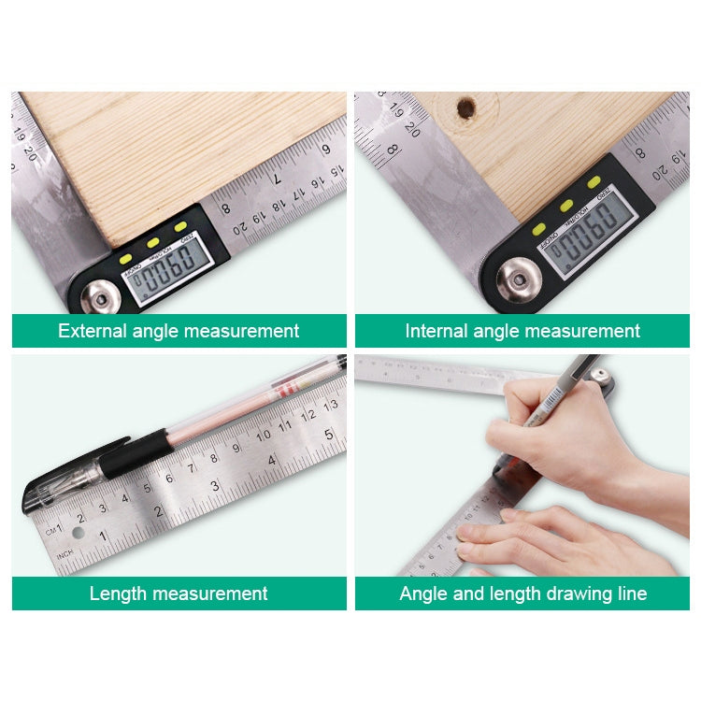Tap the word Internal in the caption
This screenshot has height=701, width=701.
tap(436, 331)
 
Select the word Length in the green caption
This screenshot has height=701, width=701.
tap(118, 594)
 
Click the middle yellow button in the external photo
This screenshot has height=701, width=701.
tap(152, 242)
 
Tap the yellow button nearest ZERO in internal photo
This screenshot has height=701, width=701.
tap(592, 181)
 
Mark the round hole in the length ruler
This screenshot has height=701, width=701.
tap(78, 533)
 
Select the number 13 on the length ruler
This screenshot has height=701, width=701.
tap(331, 405)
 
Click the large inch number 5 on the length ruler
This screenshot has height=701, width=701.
tap(328, 434)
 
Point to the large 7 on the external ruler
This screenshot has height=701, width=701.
tap(278, 177)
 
